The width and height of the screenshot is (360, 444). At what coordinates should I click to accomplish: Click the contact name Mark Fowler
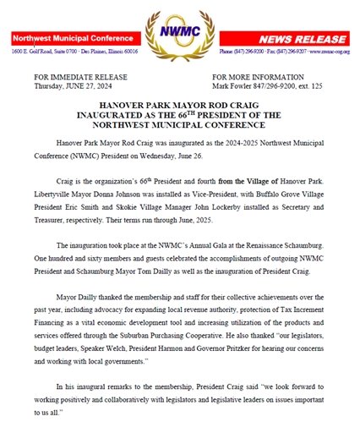(236, 85)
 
